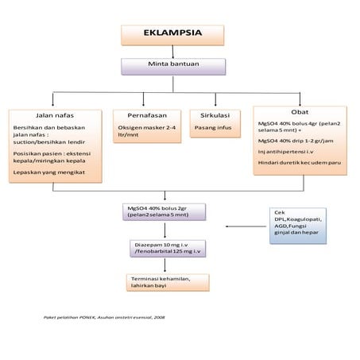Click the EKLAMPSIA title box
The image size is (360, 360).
point(172,35)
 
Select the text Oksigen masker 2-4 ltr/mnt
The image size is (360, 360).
point(145,131)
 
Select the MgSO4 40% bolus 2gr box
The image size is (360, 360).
point(164,211)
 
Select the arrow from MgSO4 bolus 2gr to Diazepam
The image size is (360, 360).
point(165,229)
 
